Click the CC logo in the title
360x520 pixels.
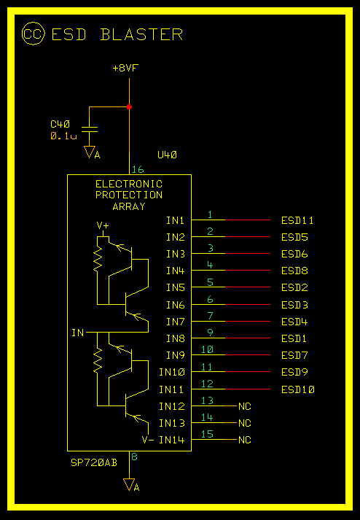point(33,34)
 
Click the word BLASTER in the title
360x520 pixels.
point(141,34)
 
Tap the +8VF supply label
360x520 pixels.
point(125,69)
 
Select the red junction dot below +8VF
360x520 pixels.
point(129,106)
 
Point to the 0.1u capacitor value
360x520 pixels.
point(63,136)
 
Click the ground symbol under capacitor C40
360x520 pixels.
point(90,152)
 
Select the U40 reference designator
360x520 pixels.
point(168,155)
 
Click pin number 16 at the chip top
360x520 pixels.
point(138,169)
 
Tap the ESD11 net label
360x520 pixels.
point(297,220)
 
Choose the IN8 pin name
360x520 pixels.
point(176,338)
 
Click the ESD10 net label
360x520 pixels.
point(298,389)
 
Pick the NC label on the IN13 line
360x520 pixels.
point(245,423)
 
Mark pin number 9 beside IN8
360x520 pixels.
point(211,333)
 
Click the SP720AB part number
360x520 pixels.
point(94,462)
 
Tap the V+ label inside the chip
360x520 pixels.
point(103,226)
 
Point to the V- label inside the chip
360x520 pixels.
point(148,440)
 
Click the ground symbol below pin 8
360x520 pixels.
point(129,485)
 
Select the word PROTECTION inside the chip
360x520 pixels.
point(129,195)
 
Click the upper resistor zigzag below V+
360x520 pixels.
point(98,258)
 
